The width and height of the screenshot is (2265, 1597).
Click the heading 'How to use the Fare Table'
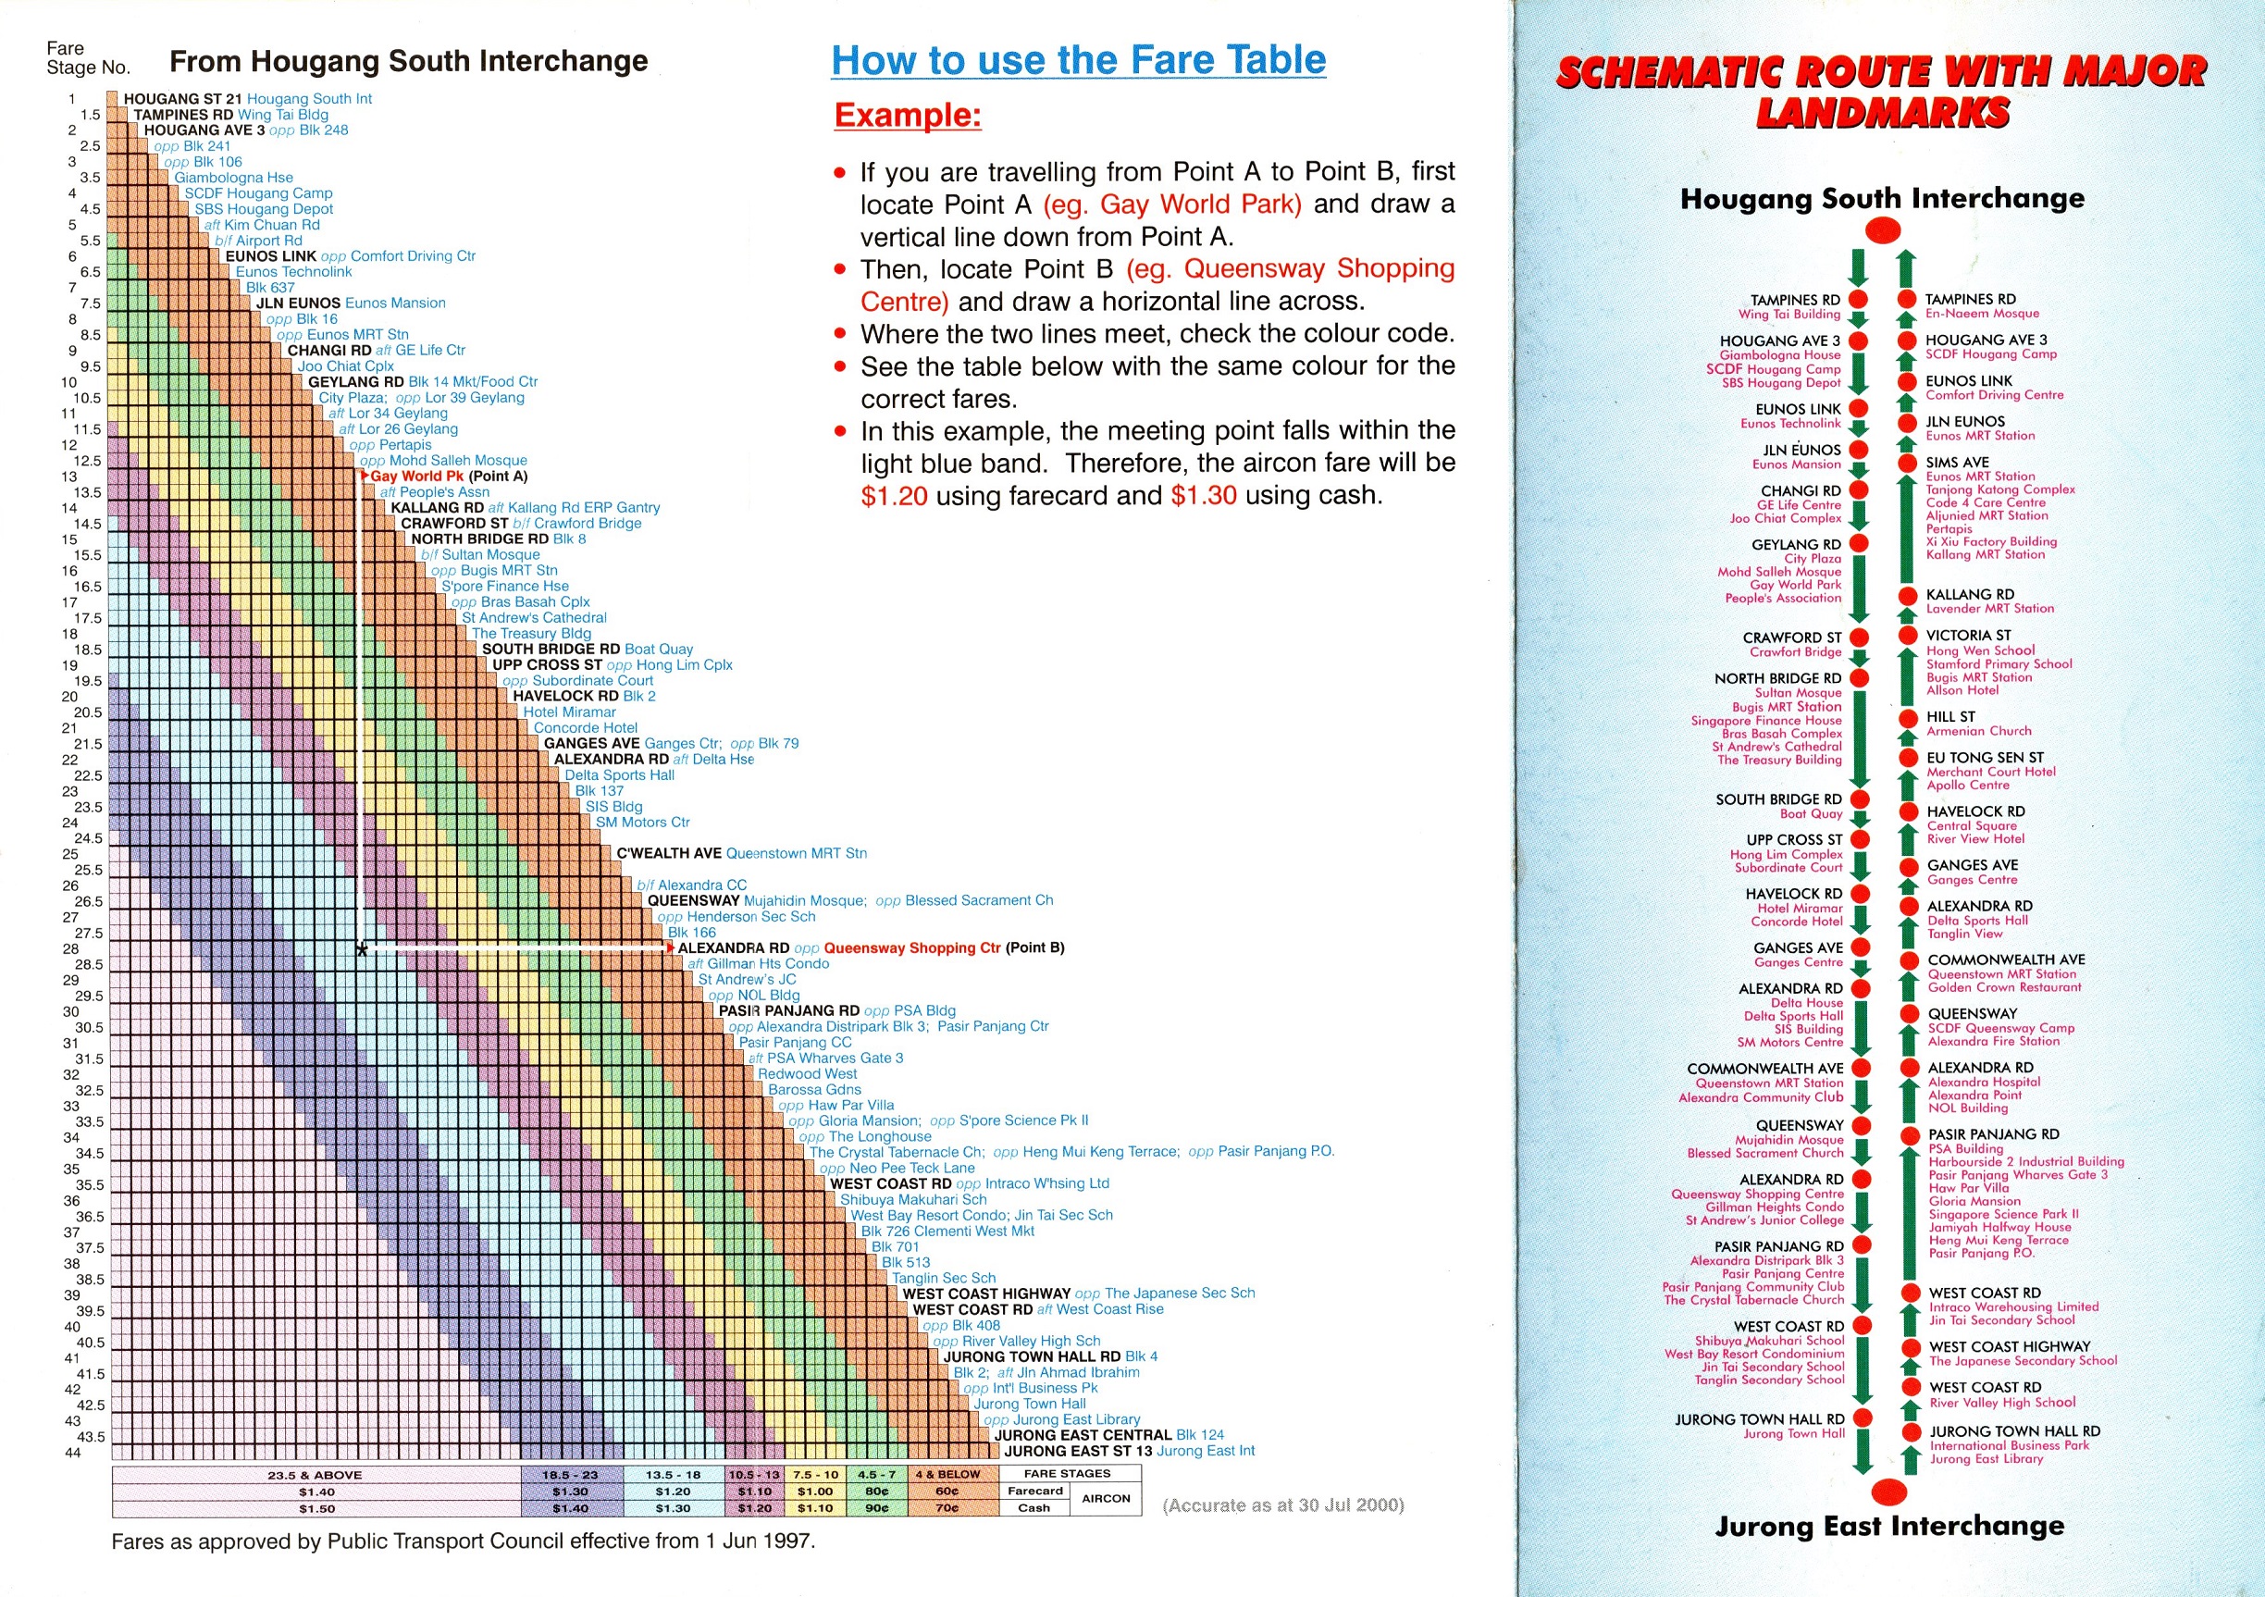coord(1078,60)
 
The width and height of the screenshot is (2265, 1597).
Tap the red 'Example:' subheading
coord(908,116)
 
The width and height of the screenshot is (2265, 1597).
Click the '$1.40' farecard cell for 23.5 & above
coord(316,1492)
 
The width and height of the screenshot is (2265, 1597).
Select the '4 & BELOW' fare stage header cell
coord(947,1475)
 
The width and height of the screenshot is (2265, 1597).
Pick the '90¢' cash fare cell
coord(877,1508)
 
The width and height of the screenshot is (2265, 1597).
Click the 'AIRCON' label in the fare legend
coord(1106,1498)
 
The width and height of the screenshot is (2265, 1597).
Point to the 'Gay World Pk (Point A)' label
coord(449,477)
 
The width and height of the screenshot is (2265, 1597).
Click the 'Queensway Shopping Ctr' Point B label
coord(911,948)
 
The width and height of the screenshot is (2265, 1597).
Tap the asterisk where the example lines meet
coord(362,950)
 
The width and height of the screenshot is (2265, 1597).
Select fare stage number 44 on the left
coord(72,1452)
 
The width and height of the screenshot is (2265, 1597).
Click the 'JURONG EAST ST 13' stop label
coord(1077,1451)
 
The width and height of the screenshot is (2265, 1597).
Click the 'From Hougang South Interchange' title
coord(408,61)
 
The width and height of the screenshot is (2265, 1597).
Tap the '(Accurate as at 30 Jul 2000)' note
coord(1282,1504)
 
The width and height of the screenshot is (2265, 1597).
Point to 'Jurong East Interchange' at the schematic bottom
coord(1889,1526)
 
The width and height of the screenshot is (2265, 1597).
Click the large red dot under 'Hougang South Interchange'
coord(1884,230)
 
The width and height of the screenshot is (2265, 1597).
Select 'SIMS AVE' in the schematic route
coord(1957,462)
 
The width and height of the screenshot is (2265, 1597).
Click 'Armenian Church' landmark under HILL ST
coord(1979,731)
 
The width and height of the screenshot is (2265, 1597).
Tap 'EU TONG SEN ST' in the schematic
coord(1985,758)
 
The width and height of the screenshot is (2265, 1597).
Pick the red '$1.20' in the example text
coord(894,495)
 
